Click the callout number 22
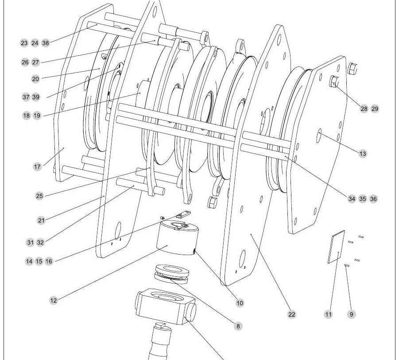click(292, 314)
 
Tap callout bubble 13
click(363, 154)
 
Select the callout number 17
click(37, 166)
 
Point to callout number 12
click(54, 301)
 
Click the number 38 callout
click(46, 43)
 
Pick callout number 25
click(39, 196)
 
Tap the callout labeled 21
click(41, 221)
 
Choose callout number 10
click(240, 303)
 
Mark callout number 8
click(238, 326)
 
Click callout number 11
click(329, 314)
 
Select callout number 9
click(352, 314)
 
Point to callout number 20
click(35, 79)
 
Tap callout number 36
click(373, 199)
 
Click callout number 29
click(375, 109)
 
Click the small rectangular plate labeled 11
click(336, 247)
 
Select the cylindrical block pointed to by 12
click(178, 238)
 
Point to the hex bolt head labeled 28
click(334, 81)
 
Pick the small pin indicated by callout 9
click(346, 266)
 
